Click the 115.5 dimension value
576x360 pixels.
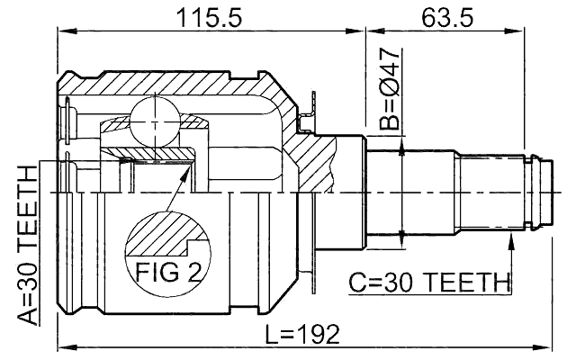click(211, 15)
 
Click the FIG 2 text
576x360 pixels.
click(167, 269)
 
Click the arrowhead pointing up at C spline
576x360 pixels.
click(511, 238)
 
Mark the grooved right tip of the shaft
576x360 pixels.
click(537, 192)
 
